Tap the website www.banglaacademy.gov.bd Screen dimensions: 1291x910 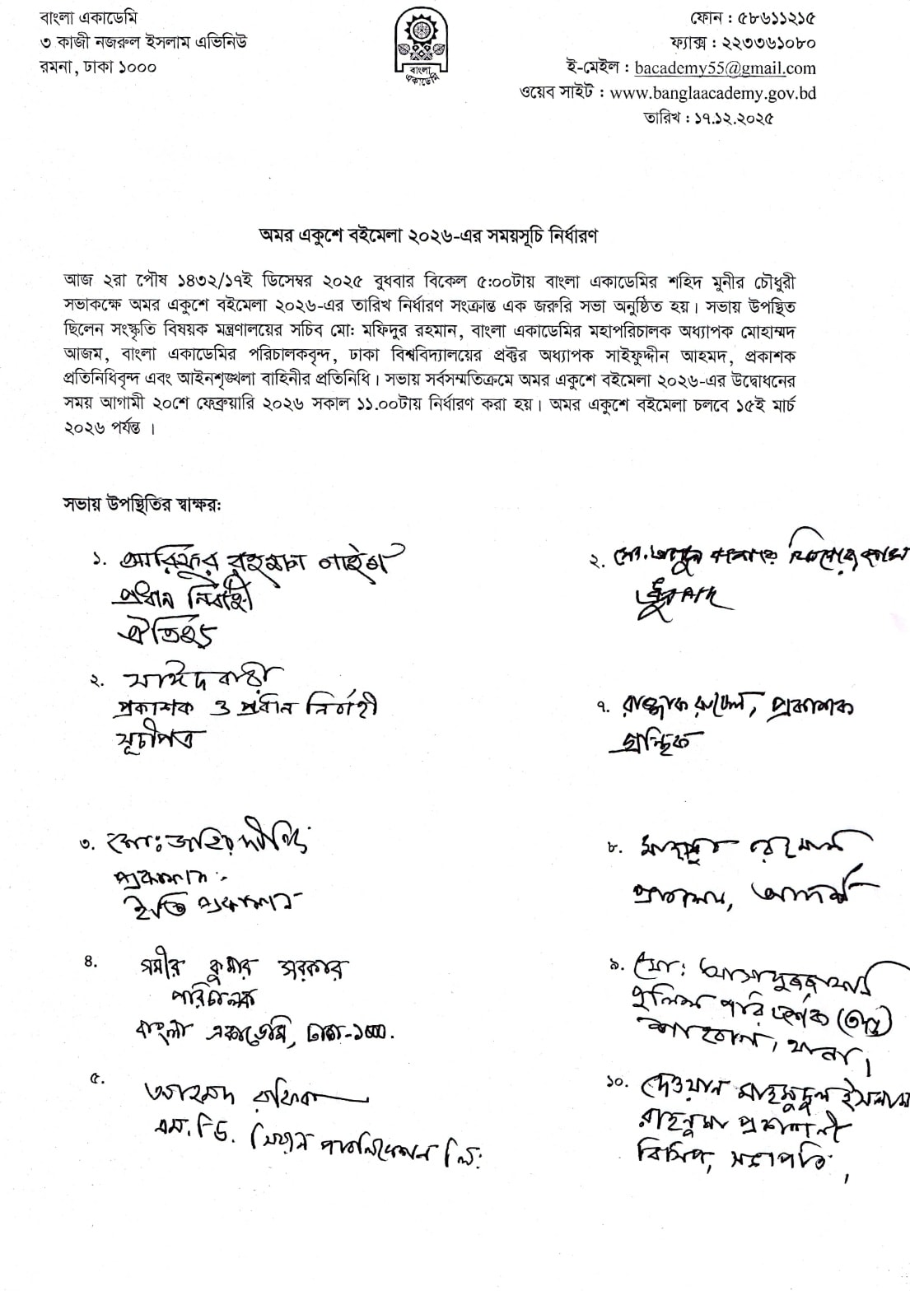pyautogui.click(x=713, y=93)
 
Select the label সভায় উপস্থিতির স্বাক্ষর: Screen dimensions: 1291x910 pyautogui.click(x=142, y=503)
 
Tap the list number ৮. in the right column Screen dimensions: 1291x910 pyautogui.click(x=614, y=846)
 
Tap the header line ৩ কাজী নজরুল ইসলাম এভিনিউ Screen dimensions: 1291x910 pyautogui.click(x=136, y=42)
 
